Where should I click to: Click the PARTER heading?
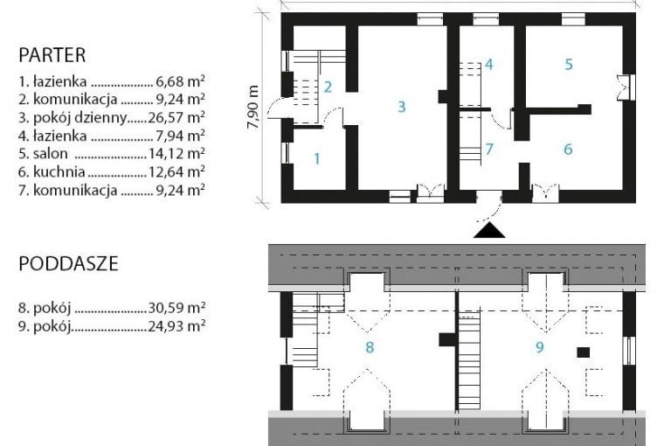[x=52, y=55]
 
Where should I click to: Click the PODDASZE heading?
[x=68, y=264]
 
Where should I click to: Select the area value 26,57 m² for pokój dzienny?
[x=176, y=117]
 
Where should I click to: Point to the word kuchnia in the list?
[x=59, y=171]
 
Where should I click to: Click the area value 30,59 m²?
[x=176, y=307]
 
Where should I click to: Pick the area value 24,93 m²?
[x=176, y=326]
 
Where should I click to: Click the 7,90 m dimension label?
[x=253, y=107]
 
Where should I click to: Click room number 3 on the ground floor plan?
[x=401, y=107]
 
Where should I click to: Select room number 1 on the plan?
[x=317, y=159]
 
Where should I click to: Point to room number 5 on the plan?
[x=569, y=65]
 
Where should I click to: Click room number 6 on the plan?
[x=568, y=150]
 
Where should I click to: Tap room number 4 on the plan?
[x=489, y=65]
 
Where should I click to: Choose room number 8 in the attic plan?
[x=370, y=348]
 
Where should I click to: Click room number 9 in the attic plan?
[x=540, y=347]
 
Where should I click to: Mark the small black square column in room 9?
[x=583, y=352]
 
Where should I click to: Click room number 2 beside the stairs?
[x=328, y=87]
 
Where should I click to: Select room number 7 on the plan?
[x=489, y=150]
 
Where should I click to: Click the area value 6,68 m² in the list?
[x=180, y=81]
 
